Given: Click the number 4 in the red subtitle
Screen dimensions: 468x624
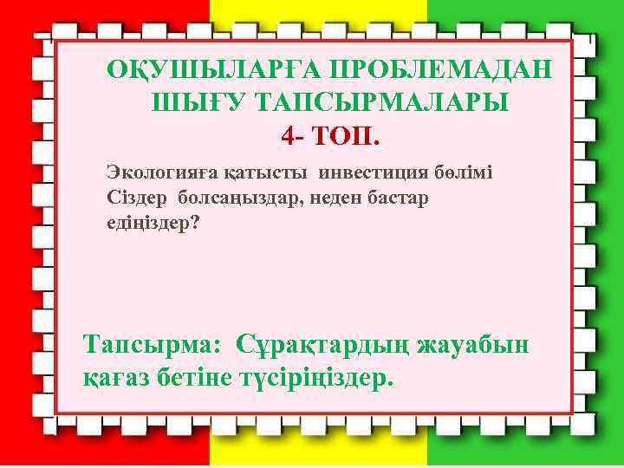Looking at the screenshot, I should click(289, 135).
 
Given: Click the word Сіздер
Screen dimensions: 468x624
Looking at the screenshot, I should click(134, 197).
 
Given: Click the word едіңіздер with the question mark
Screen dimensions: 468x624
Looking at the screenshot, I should click(149, 223).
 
